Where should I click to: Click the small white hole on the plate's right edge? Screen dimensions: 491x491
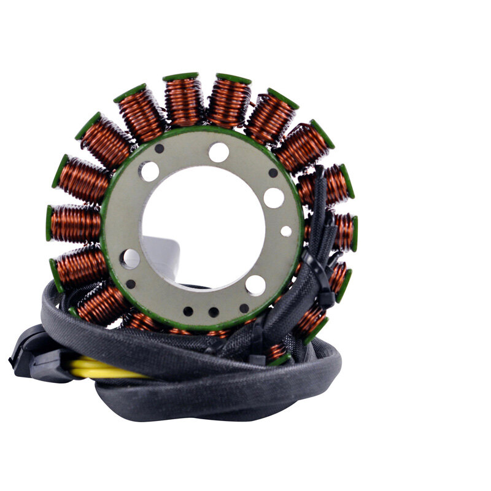pyautogui.click(x=286, y=231)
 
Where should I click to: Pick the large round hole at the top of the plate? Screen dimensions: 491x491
pyautogui.click(x=218, y=152)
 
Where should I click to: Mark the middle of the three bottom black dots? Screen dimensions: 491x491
pyautogui.click(x=213, y=312)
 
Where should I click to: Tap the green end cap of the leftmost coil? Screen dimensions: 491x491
pyautogui.click(x=49, y=223)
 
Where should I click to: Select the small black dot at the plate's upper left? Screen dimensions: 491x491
pyautogui.click(x=160, y=149)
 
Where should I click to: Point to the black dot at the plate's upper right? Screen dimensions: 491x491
pyautogui.click(x=273, y=173)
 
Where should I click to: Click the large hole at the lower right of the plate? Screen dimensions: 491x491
pyautogui.click(x=255, y=285)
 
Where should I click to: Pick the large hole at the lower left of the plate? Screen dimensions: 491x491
pyautogui.click(x=130, y=258)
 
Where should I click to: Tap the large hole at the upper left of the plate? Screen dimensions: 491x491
pyautogui.click(x=149, y=171)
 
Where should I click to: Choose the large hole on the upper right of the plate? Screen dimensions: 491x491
pyautogui.click(x=274, y=198)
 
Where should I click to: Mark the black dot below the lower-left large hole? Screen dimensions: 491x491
pyautogui.click(x=131, y=284)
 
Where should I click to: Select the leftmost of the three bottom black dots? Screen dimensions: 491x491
pyautogui.click(x=188, y=311)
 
